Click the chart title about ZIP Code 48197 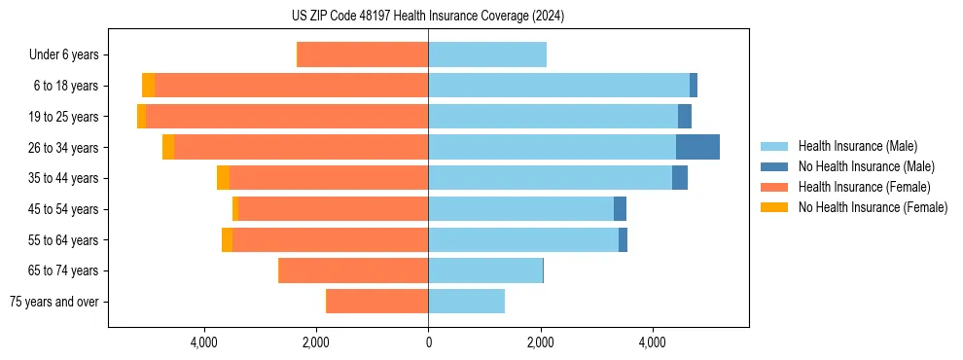tap(428, 17)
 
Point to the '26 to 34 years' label tap(64, 148)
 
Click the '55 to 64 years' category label tap(64, 240)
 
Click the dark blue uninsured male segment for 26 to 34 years tap(697, 147)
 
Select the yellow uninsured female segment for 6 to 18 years tap(148, 86)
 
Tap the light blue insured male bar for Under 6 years tap(486, 55)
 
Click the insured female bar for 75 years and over tap(377, 302)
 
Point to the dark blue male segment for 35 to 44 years tap(680, 178)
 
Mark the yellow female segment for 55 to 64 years tap(227, 240)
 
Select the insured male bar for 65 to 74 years tap(484, 270)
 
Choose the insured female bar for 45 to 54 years tap(333, 209)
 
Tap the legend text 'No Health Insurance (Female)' tap(873, 207)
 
